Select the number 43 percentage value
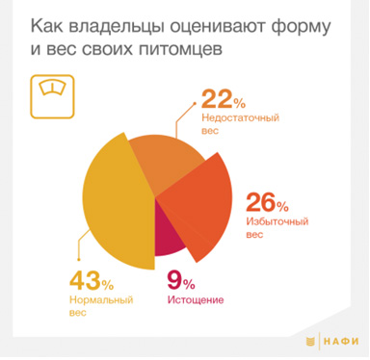(x=84, y=282)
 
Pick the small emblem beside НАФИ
(x=310, y=342)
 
